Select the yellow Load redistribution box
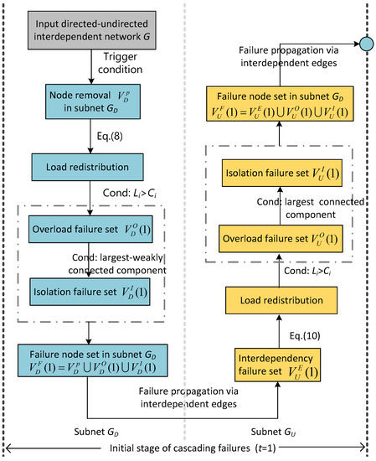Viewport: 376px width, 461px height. coord(281,299)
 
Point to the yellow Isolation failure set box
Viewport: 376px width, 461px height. coord(281,174)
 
